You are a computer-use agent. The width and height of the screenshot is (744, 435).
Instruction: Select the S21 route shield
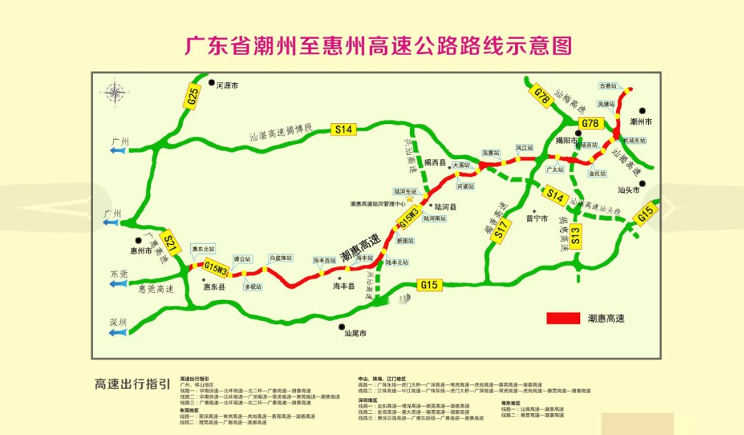(x=172, y=241)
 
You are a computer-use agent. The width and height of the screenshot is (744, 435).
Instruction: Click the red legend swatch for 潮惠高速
(x=564, y=319)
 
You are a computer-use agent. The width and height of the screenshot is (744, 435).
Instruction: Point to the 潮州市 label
(x=641, y=121)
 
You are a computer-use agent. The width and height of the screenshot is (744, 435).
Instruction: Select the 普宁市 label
(x=536, y=219)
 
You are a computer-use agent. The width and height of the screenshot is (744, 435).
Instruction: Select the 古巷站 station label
(x=608, y=86)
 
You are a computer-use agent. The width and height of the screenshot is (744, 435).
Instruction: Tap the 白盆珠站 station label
(x=281, y=258)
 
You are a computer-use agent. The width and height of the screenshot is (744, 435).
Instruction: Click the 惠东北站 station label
(x=203, y=248)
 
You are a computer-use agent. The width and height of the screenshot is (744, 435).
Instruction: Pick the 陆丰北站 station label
(x=397, y=262)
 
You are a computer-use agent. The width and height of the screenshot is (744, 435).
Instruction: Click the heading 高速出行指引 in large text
(x=132, y=384)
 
